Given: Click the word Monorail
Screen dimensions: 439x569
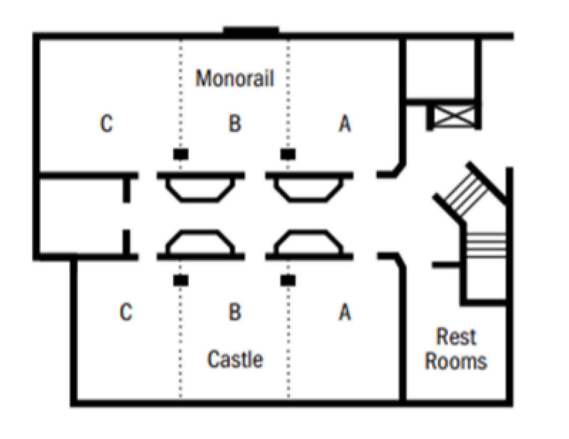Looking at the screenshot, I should pos(235,78).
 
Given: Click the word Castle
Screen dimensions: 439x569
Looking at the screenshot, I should pos(235,359).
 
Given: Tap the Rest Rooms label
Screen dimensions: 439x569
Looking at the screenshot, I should pos(456,349).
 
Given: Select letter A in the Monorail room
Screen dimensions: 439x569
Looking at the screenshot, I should pos(345,124).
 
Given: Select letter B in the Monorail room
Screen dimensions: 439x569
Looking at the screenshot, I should pos(235,124).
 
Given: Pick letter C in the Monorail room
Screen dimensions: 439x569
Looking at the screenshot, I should pos(106,124).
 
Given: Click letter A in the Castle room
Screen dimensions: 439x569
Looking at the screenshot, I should pos(345,312).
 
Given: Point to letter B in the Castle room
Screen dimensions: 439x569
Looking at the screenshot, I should pos(235,312).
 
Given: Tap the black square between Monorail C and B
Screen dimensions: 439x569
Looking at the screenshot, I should pos(181,154).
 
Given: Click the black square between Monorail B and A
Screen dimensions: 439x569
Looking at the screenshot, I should pos(288,154).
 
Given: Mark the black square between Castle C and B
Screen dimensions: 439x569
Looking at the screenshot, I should pos(181,280).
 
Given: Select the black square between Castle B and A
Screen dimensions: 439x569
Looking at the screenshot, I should pos(288,280).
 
